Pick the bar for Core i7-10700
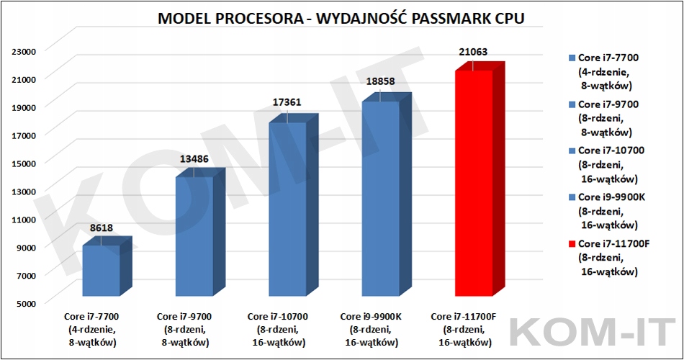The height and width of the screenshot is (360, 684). point(287,209)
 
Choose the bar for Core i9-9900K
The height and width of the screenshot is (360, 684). point(380,198)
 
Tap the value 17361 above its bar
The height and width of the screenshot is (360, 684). point(287,104)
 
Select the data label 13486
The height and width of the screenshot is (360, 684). point(194,158)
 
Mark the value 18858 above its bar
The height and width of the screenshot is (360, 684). point(380,82)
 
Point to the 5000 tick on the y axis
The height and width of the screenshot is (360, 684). point(27,302)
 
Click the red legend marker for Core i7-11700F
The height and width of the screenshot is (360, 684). point(572,243)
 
